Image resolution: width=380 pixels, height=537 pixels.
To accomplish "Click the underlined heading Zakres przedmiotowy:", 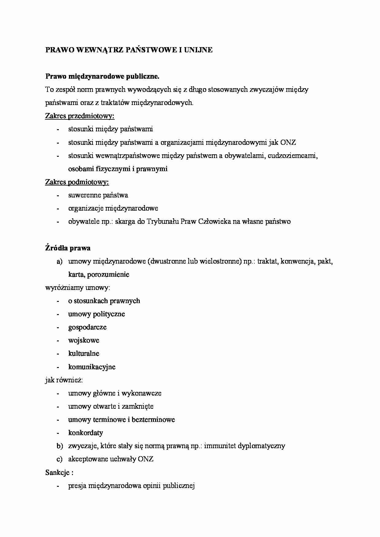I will coord(80,116).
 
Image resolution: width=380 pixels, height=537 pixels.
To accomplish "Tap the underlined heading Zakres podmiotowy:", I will coord(77,182).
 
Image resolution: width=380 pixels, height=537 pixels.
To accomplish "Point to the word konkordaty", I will coord(85,433).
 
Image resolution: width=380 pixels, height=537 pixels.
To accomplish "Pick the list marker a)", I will coord(59,261).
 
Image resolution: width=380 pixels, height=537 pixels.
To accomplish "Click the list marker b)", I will coord(59,446).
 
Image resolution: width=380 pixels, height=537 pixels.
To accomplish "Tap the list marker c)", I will coord(59,459).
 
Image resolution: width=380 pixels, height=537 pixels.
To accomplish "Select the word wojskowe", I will coord(84,340).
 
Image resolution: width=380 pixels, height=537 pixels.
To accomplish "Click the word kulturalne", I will coord(84,354).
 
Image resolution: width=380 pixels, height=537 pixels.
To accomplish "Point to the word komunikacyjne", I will coord(92,367).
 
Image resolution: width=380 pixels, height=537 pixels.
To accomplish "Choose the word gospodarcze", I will coord(87,327).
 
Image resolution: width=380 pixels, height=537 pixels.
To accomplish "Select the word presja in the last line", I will coord(77,486).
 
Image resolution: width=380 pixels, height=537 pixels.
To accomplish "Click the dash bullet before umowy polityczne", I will coord(57,314).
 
